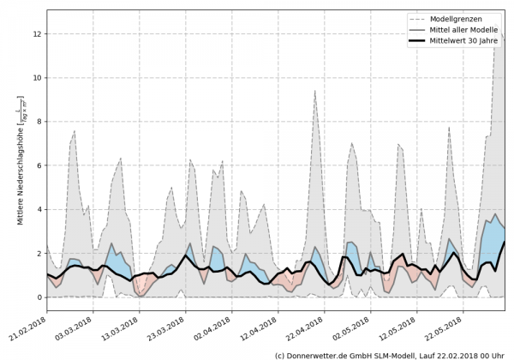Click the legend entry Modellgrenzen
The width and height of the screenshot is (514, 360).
460,19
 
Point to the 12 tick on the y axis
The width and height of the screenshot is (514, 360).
36,33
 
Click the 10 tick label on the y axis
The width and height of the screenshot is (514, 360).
36,78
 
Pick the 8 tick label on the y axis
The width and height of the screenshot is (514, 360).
38,122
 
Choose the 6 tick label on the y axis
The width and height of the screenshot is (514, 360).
38,165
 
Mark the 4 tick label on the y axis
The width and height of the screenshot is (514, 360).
38,209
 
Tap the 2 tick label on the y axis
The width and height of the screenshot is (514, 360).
38,254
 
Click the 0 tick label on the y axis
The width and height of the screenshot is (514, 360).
38,297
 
